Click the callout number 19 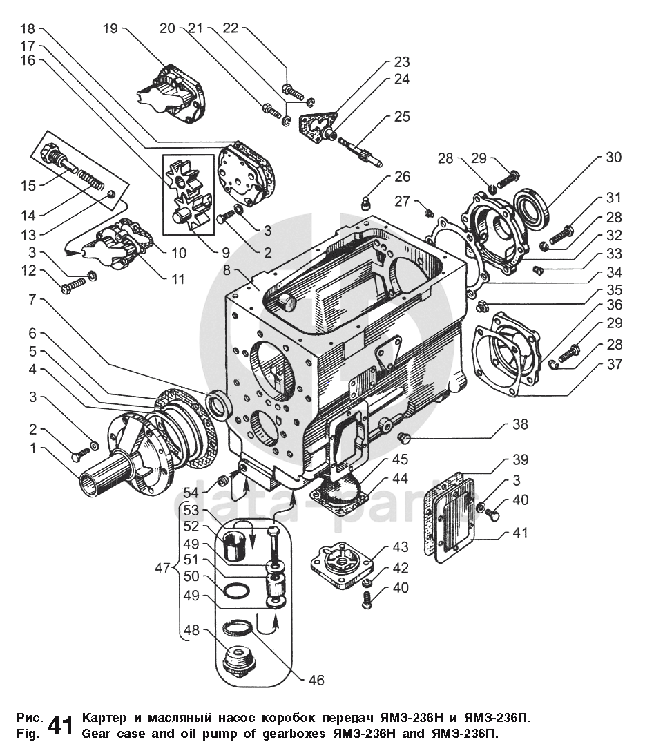[110, 29]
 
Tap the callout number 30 [613, 157]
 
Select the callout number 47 [163, 568]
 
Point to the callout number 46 [316, 680]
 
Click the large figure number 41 [61, 726]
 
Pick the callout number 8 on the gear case [227, 269]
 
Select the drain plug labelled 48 [240, 660]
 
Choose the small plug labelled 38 [403, 437]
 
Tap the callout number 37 [614, 364]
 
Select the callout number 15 [28, 185]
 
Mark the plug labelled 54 [222, 480]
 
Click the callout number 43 [401, 546]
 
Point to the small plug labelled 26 [366, 204]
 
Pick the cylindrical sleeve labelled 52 [235, 545]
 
